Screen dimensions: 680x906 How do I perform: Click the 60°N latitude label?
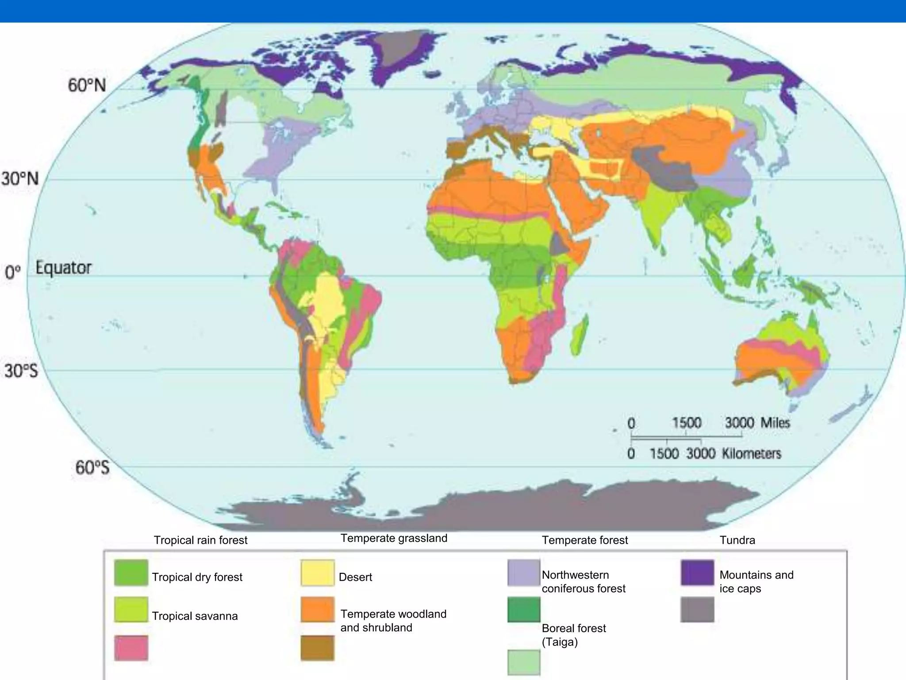(87, 85)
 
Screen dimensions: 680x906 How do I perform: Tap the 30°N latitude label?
(20, 179)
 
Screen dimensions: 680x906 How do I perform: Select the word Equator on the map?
(63, 268)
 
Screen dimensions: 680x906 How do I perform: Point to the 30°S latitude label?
(21, 371)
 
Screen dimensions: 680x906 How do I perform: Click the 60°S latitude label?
(92, 467)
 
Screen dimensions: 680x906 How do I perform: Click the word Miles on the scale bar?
(775, 422)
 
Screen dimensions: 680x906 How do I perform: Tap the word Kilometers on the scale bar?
(752, 453)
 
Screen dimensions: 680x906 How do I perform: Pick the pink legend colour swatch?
(131, 648)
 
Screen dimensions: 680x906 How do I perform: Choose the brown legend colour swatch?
(317, 648)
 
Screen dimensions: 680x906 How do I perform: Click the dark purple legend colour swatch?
(697, 573)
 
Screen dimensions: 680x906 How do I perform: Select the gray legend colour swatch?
(697, 610)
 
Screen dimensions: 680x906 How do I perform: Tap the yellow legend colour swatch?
(317, 573)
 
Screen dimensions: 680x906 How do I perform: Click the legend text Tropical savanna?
(195, 616)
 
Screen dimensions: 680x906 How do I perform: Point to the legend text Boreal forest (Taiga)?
(574, 635)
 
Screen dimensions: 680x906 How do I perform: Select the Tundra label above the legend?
(737, 540)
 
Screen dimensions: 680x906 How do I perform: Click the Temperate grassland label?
(394, 538)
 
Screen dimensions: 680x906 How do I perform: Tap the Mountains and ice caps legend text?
(756, 582)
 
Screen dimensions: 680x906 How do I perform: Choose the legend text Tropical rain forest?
(200, 540)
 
